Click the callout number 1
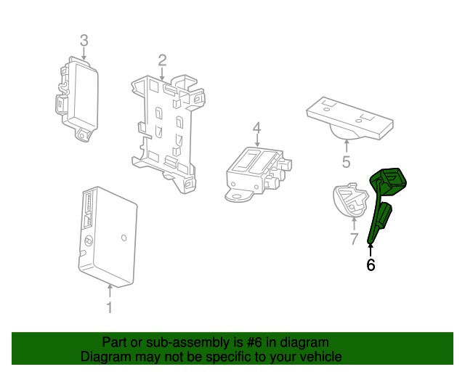coord(109,308)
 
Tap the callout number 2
coord(162,60)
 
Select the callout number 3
coord(84,40)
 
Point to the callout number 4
coord(256,129)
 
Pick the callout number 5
coord(346,161)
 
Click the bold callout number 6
coord(371,265)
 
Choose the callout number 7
coord(354,238)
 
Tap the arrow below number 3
coord(84,53)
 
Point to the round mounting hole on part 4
coord(234,195)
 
